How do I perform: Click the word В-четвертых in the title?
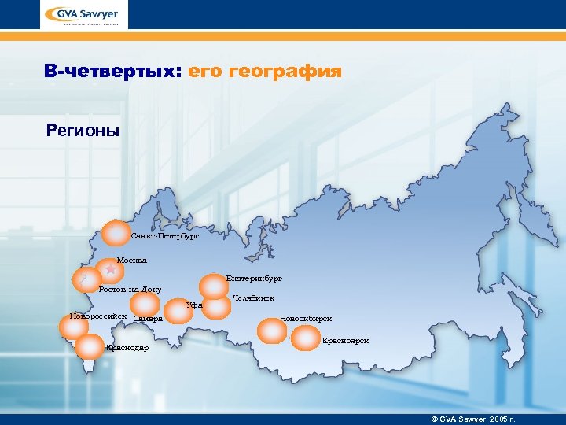pyautogui.click(x=112, y=72)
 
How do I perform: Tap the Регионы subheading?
pyautogui.click(x=83, y=130)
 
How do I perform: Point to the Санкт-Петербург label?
pyautogui.click(x=165, y=235)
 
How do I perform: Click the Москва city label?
pyautogui.click(x=131, y=260)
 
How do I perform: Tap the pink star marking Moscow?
pyautogui.click(x=111, y=269)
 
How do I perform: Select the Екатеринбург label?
pyautogui.click(x=253, y=279)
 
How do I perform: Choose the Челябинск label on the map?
pyautogui.click(x=253, y=298)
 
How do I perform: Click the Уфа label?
pyautogui.click(x=195, y=305)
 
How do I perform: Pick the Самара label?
pyautogui.click(x=148, y=319)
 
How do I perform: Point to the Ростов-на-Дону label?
pyautogui.click(x=130, y=289)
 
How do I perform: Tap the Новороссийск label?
pyautogui.click(x=98, y=316)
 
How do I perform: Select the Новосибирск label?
pyautogui.click(x=306, y=319)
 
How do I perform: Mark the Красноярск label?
pyautogui.click(x=345, y=341)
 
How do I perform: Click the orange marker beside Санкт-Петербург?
pyautogui.click(x=116, y=235)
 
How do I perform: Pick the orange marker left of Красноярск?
pyautogui.click(x=306, y=339)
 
